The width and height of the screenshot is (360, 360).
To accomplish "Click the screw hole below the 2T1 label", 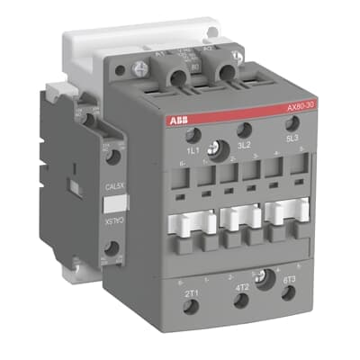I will [x=191, y=308].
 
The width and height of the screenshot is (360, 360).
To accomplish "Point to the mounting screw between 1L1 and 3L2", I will [x=216, y=148].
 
